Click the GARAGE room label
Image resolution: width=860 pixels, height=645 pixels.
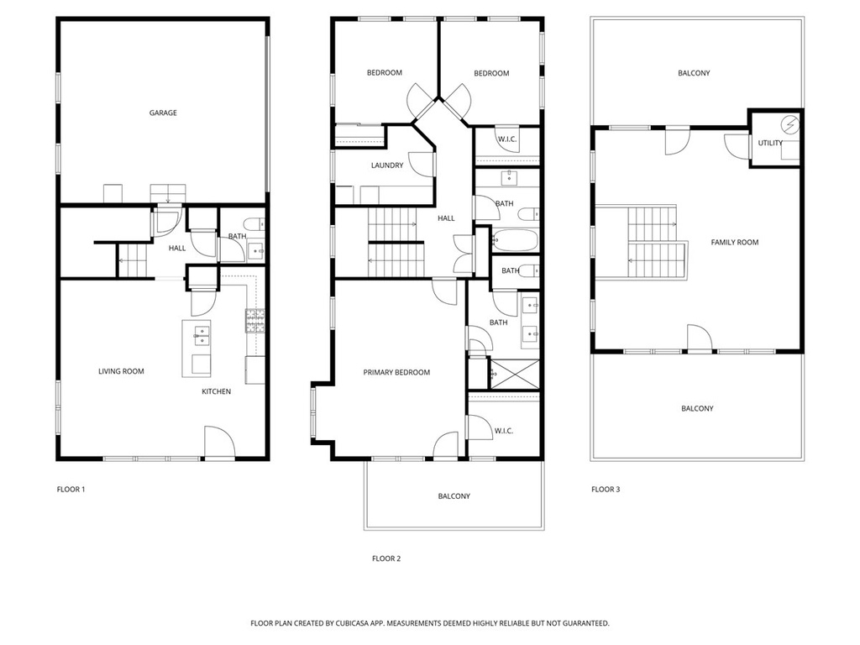163,113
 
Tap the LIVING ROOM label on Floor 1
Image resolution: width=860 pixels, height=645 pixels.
121,371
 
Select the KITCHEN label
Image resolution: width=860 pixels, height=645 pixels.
216,391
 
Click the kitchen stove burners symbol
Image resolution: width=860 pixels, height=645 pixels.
254,321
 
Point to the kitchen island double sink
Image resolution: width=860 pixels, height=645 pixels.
202,336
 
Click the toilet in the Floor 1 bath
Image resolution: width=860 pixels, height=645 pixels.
255,224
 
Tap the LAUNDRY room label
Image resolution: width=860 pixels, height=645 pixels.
387,165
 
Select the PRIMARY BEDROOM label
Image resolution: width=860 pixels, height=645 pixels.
396,372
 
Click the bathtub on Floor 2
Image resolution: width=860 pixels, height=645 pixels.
515,240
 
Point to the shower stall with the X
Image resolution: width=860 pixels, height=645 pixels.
515,374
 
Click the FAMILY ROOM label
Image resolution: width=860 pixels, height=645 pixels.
735,243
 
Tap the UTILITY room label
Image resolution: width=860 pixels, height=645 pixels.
770,143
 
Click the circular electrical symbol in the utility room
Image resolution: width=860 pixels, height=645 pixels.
789,126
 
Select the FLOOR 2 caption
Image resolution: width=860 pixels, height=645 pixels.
386,558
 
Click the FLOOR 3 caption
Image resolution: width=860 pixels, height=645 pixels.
606,490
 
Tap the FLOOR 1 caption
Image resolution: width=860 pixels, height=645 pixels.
71,490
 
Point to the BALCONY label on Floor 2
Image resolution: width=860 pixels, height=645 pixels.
454,496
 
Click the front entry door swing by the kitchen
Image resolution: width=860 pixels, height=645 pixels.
220,441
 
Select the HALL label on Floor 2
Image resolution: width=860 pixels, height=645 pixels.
447,218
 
